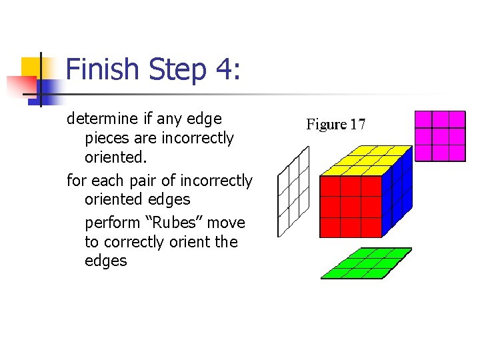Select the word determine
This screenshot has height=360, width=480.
[x=101, y=119]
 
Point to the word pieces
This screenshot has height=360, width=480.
[x=107, y=138]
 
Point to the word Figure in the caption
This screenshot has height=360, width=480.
[x=327, y=124]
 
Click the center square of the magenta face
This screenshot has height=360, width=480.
[x=439, y=136]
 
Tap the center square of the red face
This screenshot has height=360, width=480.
[x=351, y=207]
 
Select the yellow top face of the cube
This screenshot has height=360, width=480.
[x=366, y=161]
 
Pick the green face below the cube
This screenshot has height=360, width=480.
[x=366, y=263]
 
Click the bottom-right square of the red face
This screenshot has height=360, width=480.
[x=371, y=227]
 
